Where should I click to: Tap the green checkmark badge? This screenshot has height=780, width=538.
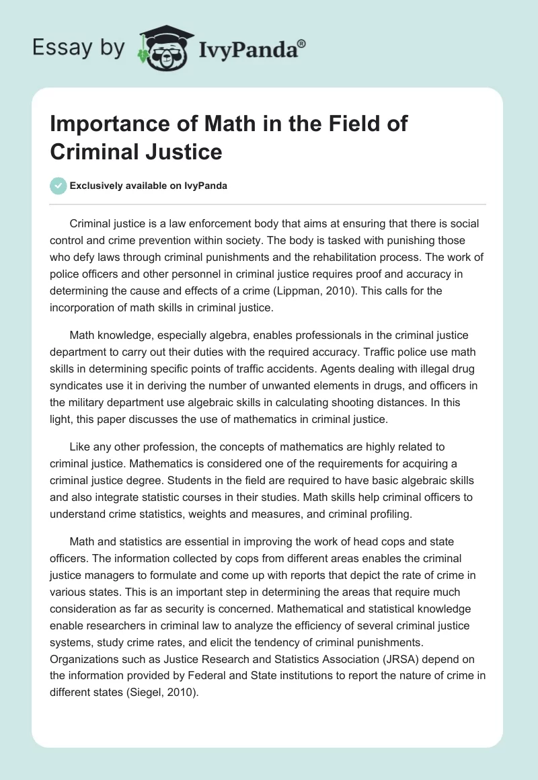59,186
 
